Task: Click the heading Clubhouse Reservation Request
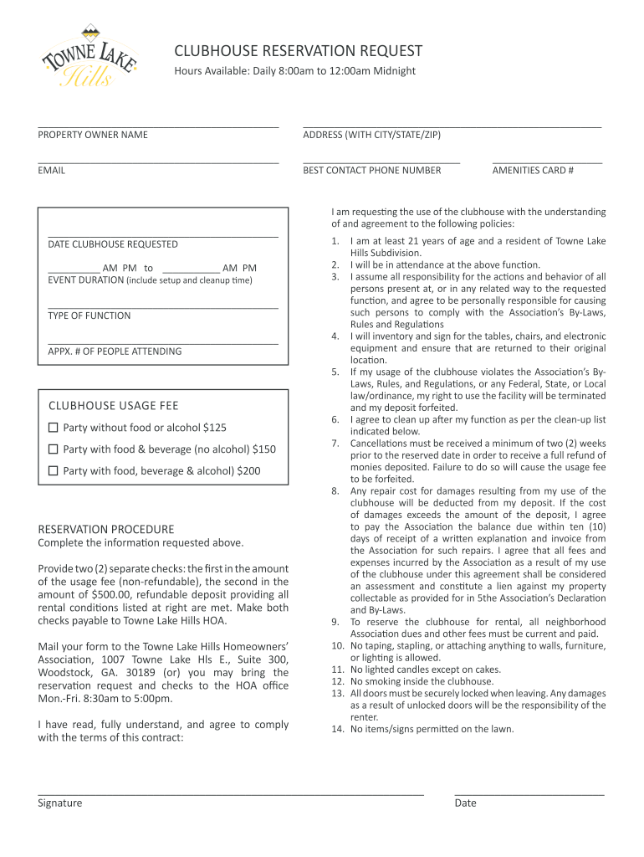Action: pyautogui.click(x=298, y=51)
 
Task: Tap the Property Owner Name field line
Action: pyautogui.click(x=158, y=126)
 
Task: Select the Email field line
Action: pyautogui.click(x=158, y=162)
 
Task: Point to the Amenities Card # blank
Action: pyautogui.click(x=547, y=162)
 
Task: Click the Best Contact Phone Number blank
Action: pyautogui.click(x=381, y=162)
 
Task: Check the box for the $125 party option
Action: pyautogui.click(x=54, y=428)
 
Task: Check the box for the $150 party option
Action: pyautogui.click(x=54, y=449)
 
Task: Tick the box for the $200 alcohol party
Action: pyautogui.click(x=54, y=471)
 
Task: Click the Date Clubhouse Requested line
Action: pyautogui.click(x=163, y=237)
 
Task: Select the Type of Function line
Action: pyautogui.click(x=163, y=308)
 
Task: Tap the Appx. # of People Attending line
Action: pyautogui.click(x=163, y=343)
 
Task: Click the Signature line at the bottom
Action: pyautogui.click(x=231, y=793)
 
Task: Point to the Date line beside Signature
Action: pyautogui.click(x=529, y=793)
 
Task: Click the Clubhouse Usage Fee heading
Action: pyautogui.click(x=114, y=406)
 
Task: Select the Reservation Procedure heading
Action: pyautogui.click(x=106, y=529)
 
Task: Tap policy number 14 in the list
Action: pyautogui.click(x=338, y=729)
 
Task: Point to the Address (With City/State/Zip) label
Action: pyautogui.click(x=371, y=135)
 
